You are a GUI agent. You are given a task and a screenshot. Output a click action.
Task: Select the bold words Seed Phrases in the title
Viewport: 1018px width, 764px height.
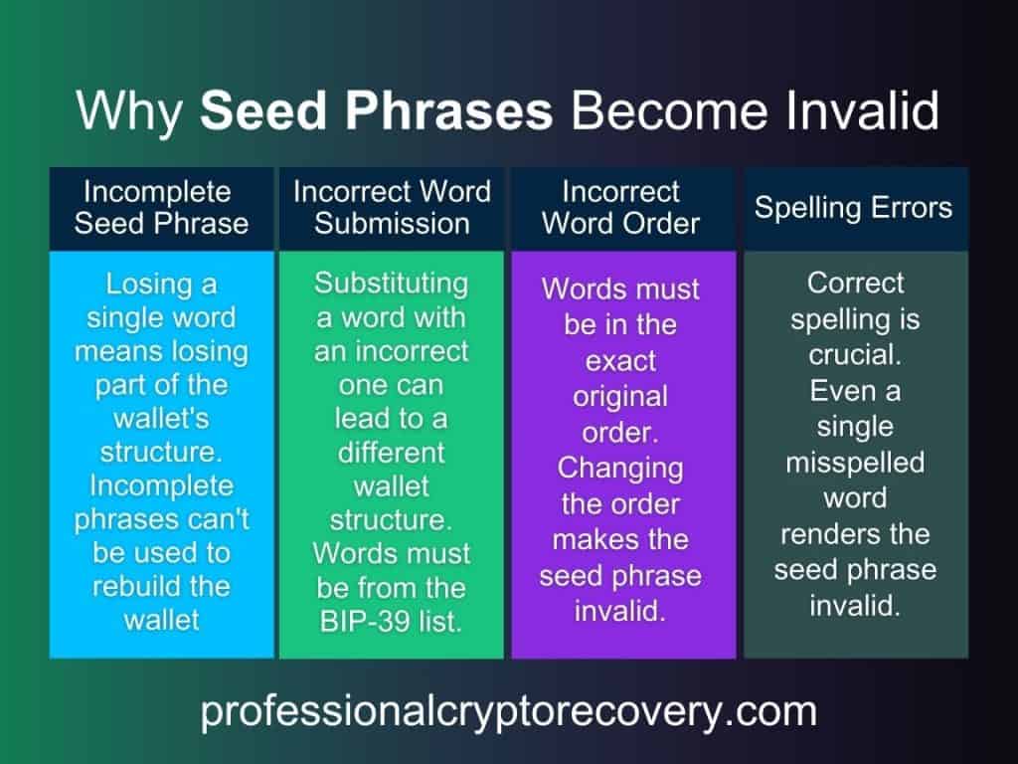click(376, 110)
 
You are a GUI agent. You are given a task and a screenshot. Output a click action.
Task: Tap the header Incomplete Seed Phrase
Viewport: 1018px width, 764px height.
click(161, 207)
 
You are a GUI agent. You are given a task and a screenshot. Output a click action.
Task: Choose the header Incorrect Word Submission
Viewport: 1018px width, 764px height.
click(392, 207)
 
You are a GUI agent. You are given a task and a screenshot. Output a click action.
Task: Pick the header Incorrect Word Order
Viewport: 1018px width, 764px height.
click(621, 207)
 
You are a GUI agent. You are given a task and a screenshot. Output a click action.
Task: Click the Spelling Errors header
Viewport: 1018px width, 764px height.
click(853, 207)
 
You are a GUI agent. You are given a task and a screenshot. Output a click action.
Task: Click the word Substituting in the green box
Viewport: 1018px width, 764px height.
click(392, 283)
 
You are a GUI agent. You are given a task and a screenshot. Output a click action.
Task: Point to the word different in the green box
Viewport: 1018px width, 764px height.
click(392, 453)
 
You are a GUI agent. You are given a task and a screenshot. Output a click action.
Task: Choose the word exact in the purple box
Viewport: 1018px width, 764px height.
click(621, 360)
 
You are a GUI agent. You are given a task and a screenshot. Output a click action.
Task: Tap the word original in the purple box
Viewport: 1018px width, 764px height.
click(621, 396)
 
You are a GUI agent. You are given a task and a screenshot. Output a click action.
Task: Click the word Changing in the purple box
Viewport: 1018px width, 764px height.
click(621, 468)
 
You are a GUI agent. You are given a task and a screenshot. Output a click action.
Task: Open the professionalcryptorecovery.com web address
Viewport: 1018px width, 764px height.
click(508, 712)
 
